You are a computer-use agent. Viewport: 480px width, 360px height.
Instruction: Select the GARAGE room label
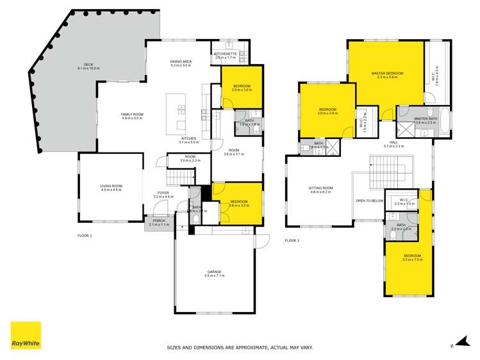213,272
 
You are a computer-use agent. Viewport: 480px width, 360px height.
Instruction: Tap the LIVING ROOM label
110,186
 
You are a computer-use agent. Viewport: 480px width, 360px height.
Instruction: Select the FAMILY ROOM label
131,115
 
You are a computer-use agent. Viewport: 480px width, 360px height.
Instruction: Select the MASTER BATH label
425,119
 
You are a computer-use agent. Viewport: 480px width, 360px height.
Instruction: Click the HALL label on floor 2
393,143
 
